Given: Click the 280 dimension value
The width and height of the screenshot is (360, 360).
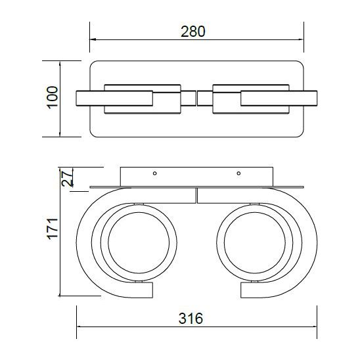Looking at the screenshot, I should click(x=196, y=31).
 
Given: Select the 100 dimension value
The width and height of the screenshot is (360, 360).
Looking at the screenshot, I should click(x=53, y=99).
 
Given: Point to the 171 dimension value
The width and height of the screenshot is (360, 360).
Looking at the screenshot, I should click(x=53, y=229).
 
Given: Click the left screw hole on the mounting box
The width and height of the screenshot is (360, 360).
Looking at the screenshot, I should click(x=154, y=174).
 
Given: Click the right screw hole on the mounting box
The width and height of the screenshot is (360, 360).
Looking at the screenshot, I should click(x=238, y=174).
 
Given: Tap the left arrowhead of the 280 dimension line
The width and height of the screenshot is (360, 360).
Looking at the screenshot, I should click(x=93, y=39).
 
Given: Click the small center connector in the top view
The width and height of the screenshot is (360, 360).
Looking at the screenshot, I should click(x=196, y=99).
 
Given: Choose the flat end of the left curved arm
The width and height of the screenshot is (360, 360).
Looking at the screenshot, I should click(x=150, y=290).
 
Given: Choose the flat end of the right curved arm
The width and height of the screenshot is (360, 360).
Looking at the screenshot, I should click(x=242, y=290).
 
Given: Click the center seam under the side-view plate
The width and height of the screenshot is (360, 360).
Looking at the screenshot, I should click(x=196, y=195).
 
